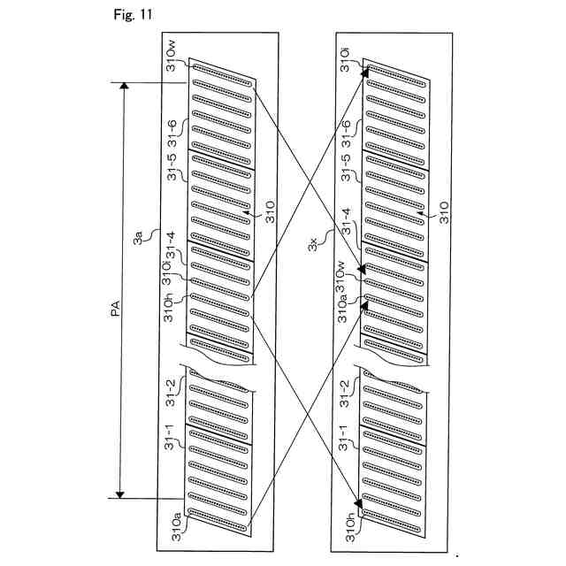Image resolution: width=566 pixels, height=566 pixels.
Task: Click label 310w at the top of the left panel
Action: tap(174, 53)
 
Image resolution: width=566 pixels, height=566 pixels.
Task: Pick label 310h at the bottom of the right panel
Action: tap(347, 527)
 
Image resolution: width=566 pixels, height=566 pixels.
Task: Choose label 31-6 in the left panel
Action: tap(173, 134)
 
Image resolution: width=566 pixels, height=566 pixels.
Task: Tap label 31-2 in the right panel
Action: tap(347, 388)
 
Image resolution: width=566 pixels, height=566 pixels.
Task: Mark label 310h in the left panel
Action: tap(174, 312)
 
